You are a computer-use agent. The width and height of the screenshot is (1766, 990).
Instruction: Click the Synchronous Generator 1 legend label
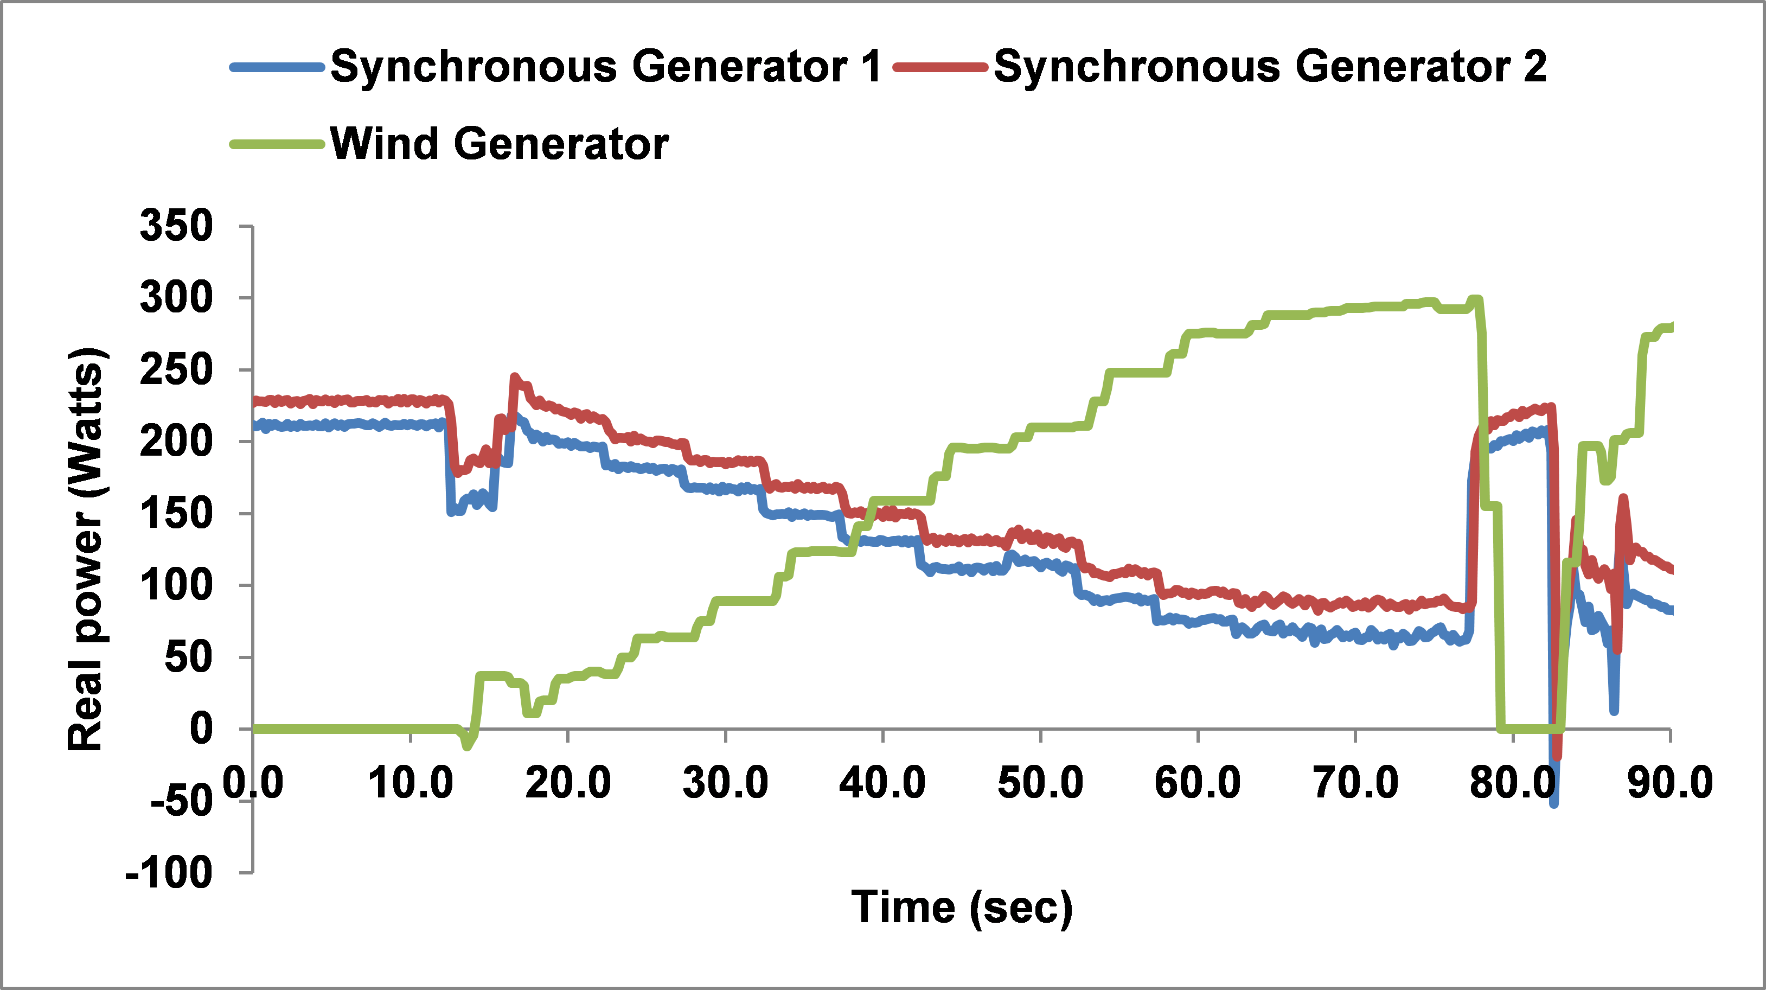pyautogui.click(x=605, y=67)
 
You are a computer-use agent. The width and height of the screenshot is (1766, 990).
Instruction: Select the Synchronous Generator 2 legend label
pyautogui.click(x=1270, y=67)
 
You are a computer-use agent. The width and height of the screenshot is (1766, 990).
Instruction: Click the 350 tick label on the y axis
pyautogui.click(x=176, y=226)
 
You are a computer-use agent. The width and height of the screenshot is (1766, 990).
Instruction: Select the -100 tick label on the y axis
pyautogui.click(x=169, y=873)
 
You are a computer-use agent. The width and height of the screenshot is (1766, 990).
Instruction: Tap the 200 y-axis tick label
pyautogui.click(x=176, y=442)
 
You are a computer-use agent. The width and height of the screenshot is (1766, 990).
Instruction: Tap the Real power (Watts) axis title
pyautogui.click(x=86, y=548)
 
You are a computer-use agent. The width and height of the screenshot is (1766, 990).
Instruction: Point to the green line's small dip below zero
pyautogui.click(x=468, y=746)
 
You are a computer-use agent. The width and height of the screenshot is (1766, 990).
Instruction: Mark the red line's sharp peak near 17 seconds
pyautogui.click(x=514, y=377)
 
